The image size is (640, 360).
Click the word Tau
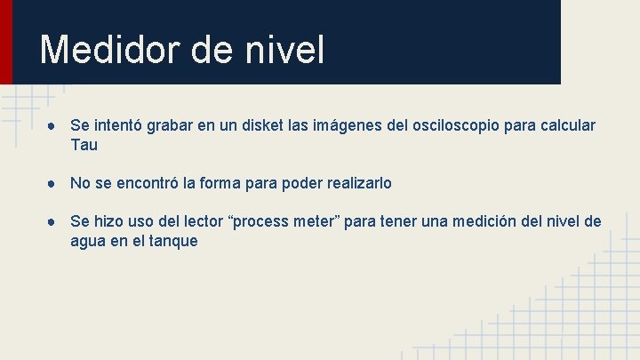(84, 145)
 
